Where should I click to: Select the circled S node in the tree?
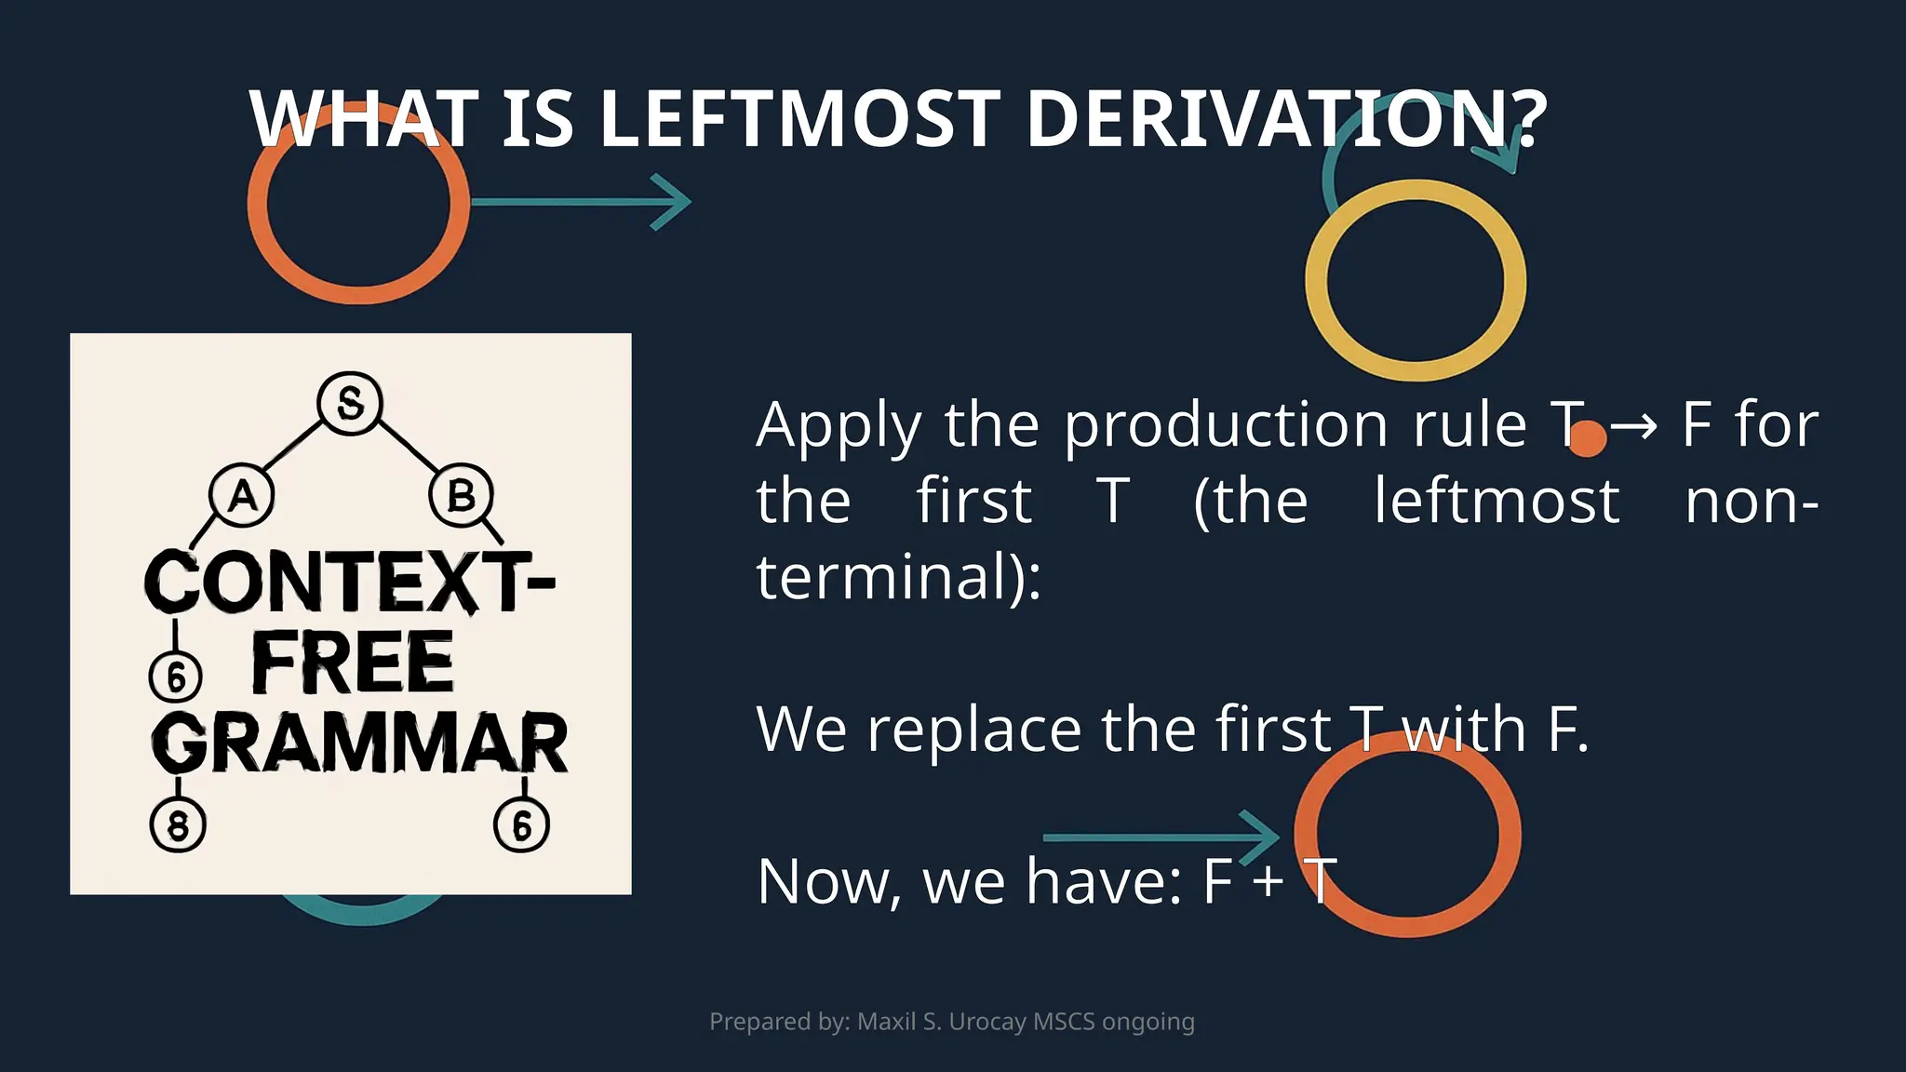(350, 403)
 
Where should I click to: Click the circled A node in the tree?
(242, 496)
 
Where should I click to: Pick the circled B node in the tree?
(461, 496)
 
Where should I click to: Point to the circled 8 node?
(178, 824)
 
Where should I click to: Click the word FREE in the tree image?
(353, 663)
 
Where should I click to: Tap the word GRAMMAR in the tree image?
(360, 744)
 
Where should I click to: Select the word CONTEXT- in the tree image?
(350, 582)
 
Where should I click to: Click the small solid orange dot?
(1587, 438)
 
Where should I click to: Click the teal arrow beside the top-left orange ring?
(582, 201)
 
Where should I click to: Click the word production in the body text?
(1226, 425)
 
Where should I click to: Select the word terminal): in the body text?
(898, 577)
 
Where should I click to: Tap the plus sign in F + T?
(1268, 881)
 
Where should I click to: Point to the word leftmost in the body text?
(1497, 502)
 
